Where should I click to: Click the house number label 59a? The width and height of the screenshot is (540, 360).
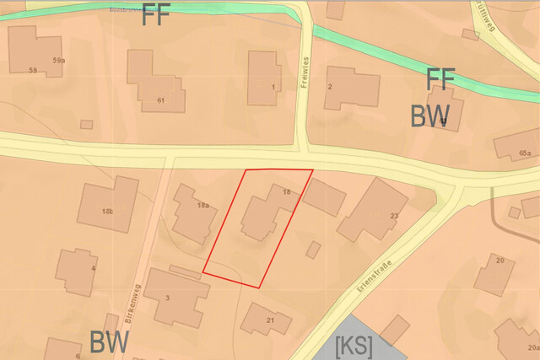pos(58,61)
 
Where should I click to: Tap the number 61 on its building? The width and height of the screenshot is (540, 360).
pos(159,100)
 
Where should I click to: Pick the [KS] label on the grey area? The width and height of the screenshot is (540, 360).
pos(354,346)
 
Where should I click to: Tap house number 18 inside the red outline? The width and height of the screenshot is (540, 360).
pos(287,193)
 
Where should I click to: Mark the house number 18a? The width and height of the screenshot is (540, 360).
pos(202,205)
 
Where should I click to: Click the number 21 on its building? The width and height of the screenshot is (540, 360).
pos(270,321)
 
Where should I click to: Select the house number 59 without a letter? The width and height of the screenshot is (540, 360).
pos(32,69)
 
